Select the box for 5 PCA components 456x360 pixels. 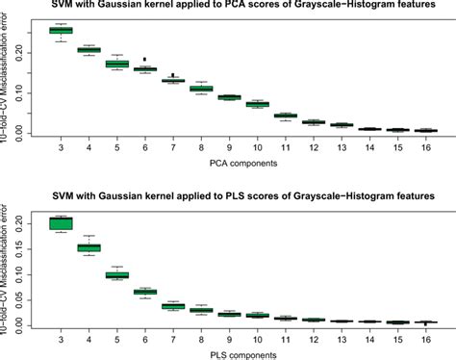(x=116, y=64)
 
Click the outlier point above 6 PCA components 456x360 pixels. (x=144, y=60)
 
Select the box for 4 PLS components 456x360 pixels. (x=89, y=247)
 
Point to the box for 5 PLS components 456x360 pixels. (x=116, y=275)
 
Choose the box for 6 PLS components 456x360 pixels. (x=144, y=291)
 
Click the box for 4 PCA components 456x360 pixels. (x=89, y=49)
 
